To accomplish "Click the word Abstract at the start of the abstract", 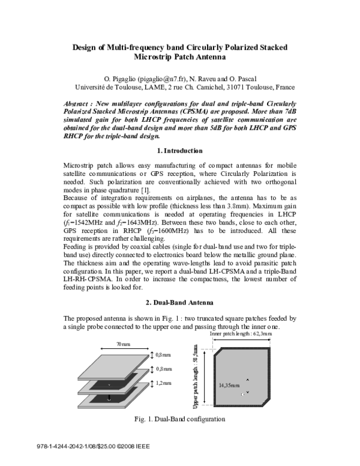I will click(x=79, y=103).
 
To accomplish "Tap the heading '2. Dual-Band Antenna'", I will click(x=179, y=302).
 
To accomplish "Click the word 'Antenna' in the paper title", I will click(x=205, y=58).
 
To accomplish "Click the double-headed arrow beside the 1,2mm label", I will click(x=151, y=383).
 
